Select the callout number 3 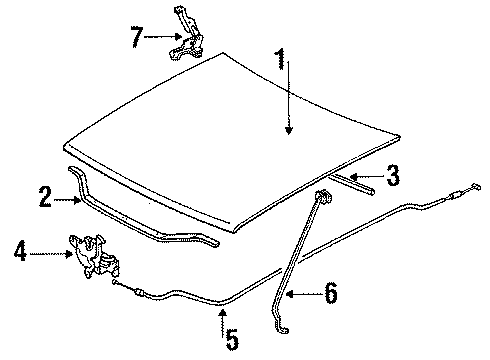tap(393, 175)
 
